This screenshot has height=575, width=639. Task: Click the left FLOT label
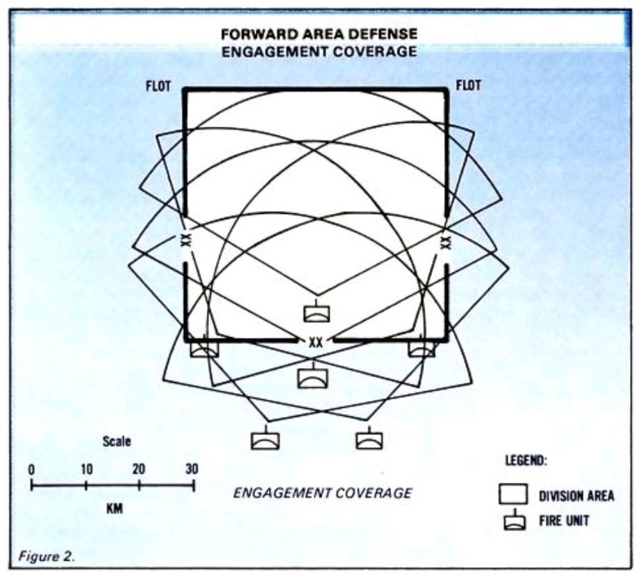point(158,86)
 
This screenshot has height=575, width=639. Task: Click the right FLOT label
point(468,86)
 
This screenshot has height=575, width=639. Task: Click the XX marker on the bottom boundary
point(315,342)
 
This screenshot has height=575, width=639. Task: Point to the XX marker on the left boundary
point(186,240)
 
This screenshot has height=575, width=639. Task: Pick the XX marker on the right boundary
point(446,242)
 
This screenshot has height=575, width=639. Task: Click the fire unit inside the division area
point(316,311)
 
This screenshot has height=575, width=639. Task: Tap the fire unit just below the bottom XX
point(312,375)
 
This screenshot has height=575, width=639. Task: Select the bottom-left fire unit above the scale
point(265,438)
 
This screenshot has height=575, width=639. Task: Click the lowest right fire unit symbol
point(369,438)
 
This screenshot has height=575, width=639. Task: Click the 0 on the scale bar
point(31,470)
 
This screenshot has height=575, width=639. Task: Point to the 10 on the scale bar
point(86,470)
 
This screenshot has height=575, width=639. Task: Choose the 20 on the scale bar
point(139,470)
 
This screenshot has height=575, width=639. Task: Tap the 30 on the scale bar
point(192,469)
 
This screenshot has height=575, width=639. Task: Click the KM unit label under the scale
point(114,509)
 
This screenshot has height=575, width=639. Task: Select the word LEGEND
point(526,461)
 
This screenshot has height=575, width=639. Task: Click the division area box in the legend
point(513,494)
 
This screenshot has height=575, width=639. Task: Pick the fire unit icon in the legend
point(514,520)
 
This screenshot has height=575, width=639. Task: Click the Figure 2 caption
point(47,556)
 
